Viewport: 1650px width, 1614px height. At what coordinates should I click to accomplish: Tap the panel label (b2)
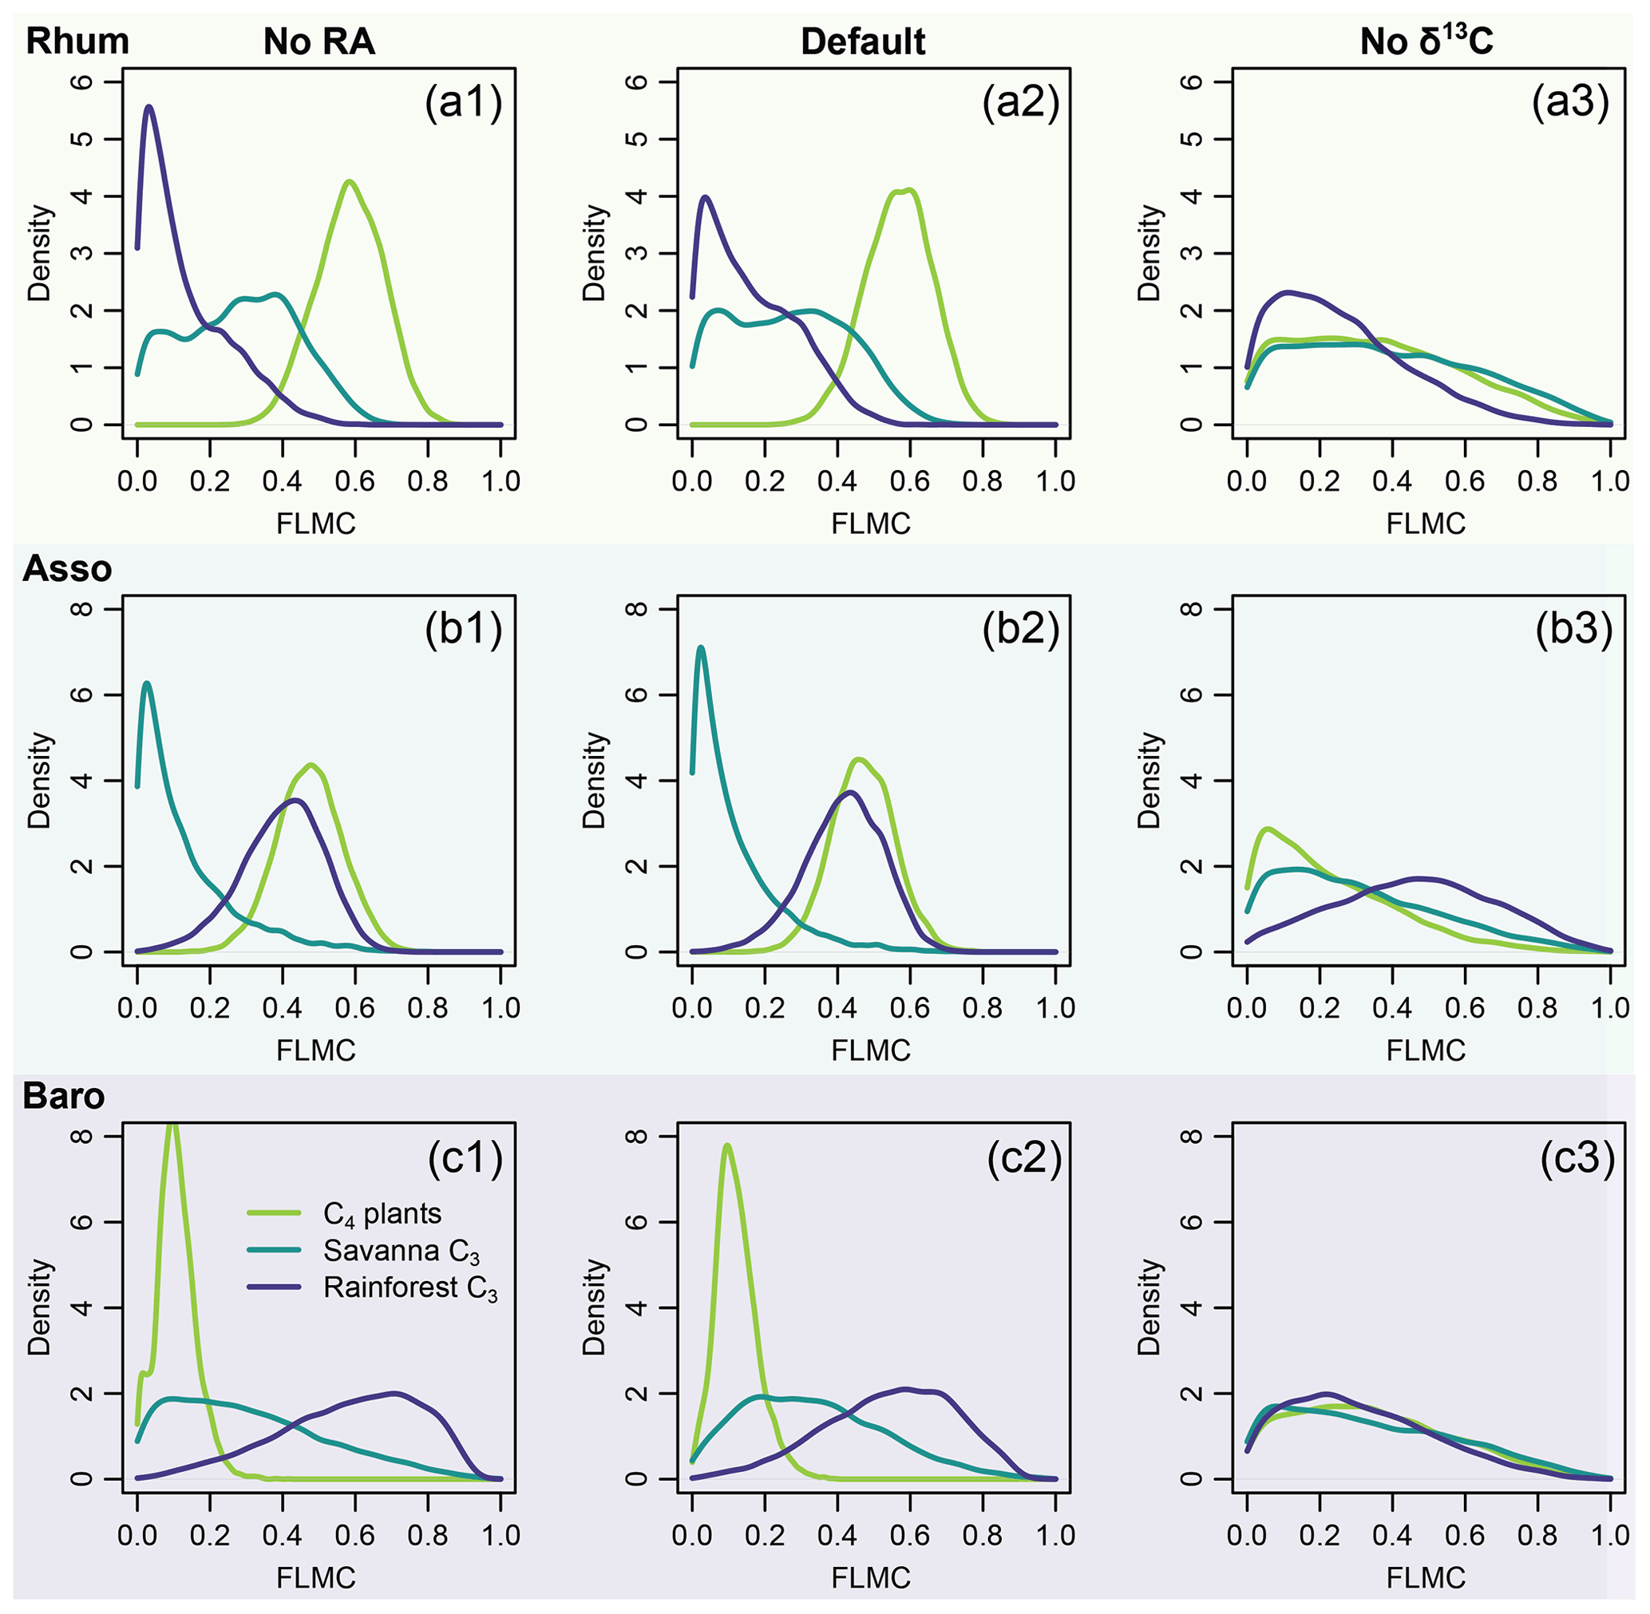(1020, 630)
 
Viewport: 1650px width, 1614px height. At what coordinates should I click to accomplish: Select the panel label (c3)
(1577, 1157)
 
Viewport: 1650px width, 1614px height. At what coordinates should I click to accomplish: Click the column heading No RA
(319, 42)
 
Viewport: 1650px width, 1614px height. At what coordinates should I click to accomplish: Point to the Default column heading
(862, 42)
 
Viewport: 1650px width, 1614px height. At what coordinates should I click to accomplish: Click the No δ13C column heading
(1426, 40)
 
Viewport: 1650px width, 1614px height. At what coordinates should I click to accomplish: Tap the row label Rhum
(77, 42)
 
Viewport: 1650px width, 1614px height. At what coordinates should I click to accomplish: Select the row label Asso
(67, 569)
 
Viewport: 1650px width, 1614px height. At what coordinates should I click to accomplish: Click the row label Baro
(64, 1096)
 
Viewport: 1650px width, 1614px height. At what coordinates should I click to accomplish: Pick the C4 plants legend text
(382, 1215)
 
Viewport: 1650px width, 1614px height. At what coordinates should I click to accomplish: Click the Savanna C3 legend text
(401, 1251)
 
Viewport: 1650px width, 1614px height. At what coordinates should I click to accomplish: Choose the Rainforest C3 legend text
(410, 1288)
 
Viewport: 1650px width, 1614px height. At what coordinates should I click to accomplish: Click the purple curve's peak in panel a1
(149, 107)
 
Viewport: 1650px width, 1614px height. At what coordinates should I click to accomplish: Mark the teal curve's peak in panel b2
(701, 647)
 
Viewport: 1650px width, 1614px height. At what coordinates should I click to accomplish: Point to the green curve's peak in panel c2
(726, 1145)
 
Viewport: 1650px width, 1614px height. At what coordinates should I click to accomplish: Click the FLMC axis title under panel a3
(1426, 524)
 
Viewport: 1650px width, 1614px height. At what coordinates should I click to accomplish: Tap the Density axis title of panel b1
(40, 780)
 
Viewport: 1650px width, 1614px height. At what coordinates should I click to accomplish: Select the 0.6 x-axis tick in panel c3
(1464, 1535)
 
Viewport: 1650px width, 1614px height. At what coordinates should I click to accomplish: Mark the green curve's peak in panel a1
(349, 181)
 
